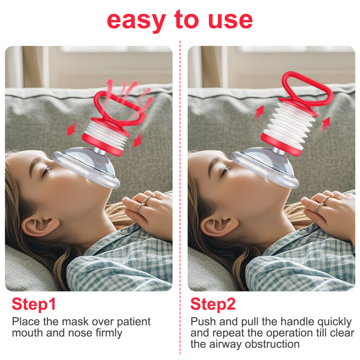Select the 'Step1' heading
pyautogui.click(x=34, y=305)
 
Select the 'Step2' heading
pyautogui.click(x=213, y=305)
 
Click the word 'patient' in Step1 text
pyautogui.click(x=134, y=322)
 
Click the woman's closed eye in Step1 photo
pyautogui.click(x=47, y=170)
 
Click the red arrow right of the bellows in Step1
pyautogui.click(x=139, y=140)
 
